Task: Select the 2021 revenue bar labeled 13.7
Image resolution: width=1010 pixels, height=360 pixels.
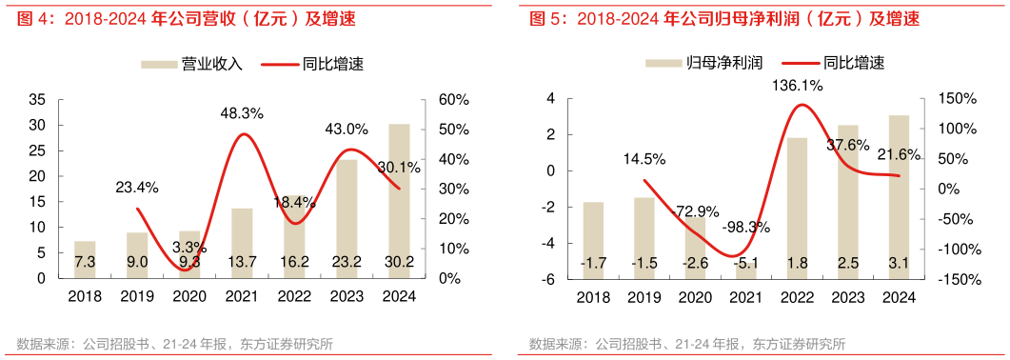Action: point(242,242)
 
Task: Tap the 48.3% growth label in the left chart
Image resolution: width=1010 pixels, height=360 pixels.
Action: point(242,112)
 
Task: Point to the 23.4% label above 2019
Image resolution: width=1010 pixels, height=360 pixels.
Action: point(137,188)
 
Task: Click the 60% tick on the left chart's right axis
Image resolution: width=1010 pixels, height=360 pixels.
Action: point(450,99)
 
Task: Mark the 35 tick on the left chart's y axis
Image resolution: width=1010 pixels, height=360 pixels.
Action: point(39,99)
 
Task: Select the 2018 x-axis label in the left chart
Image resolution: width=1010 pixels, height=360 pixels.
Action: point(85,296)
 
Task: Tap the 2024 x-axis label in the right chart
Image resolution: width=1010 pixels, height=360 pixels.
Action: point(899,296)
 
